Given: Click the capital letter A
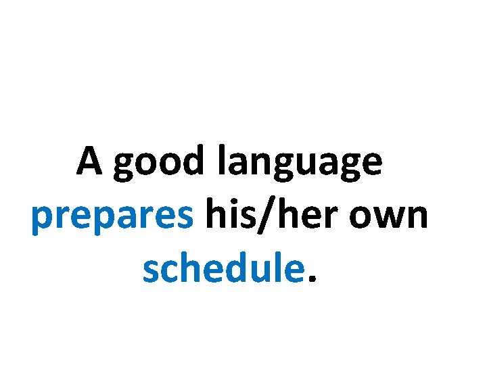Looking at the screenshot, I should point(91,162).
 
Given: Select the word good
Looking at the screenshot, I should point(158,164).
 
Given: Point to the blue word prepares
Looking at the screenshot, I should point(112,218).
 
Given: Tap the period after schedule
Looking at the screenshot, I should point(311,278).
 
